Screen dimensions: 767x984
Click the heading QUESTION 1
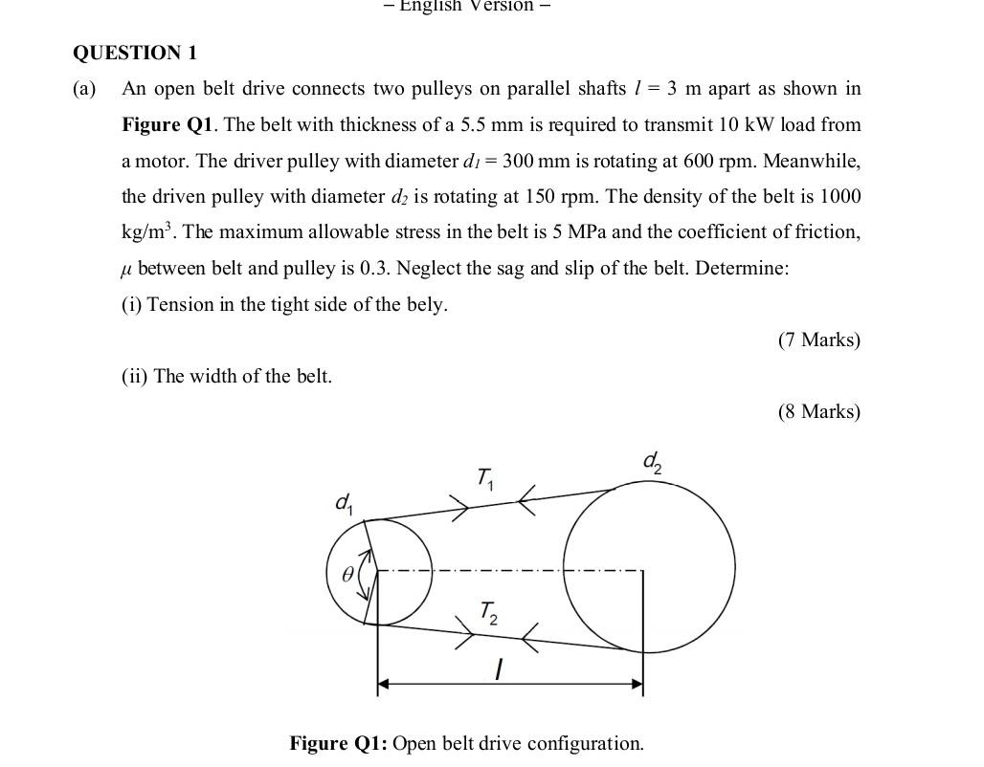(135, 53)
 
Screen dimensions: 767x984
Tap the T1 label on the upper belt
(485, 476)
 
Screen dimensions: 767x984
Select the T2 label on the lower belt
(488, 611)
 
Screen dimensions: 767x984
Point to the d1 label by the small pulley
(344, 502)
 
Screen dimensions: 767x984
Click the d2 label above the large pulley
(652, 463)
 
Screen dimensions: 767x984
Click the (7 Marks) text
(818, 340)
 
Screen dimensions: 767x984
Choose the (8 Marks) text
(818, 411)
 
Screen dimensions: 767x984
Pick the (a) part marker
(84, 89)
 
